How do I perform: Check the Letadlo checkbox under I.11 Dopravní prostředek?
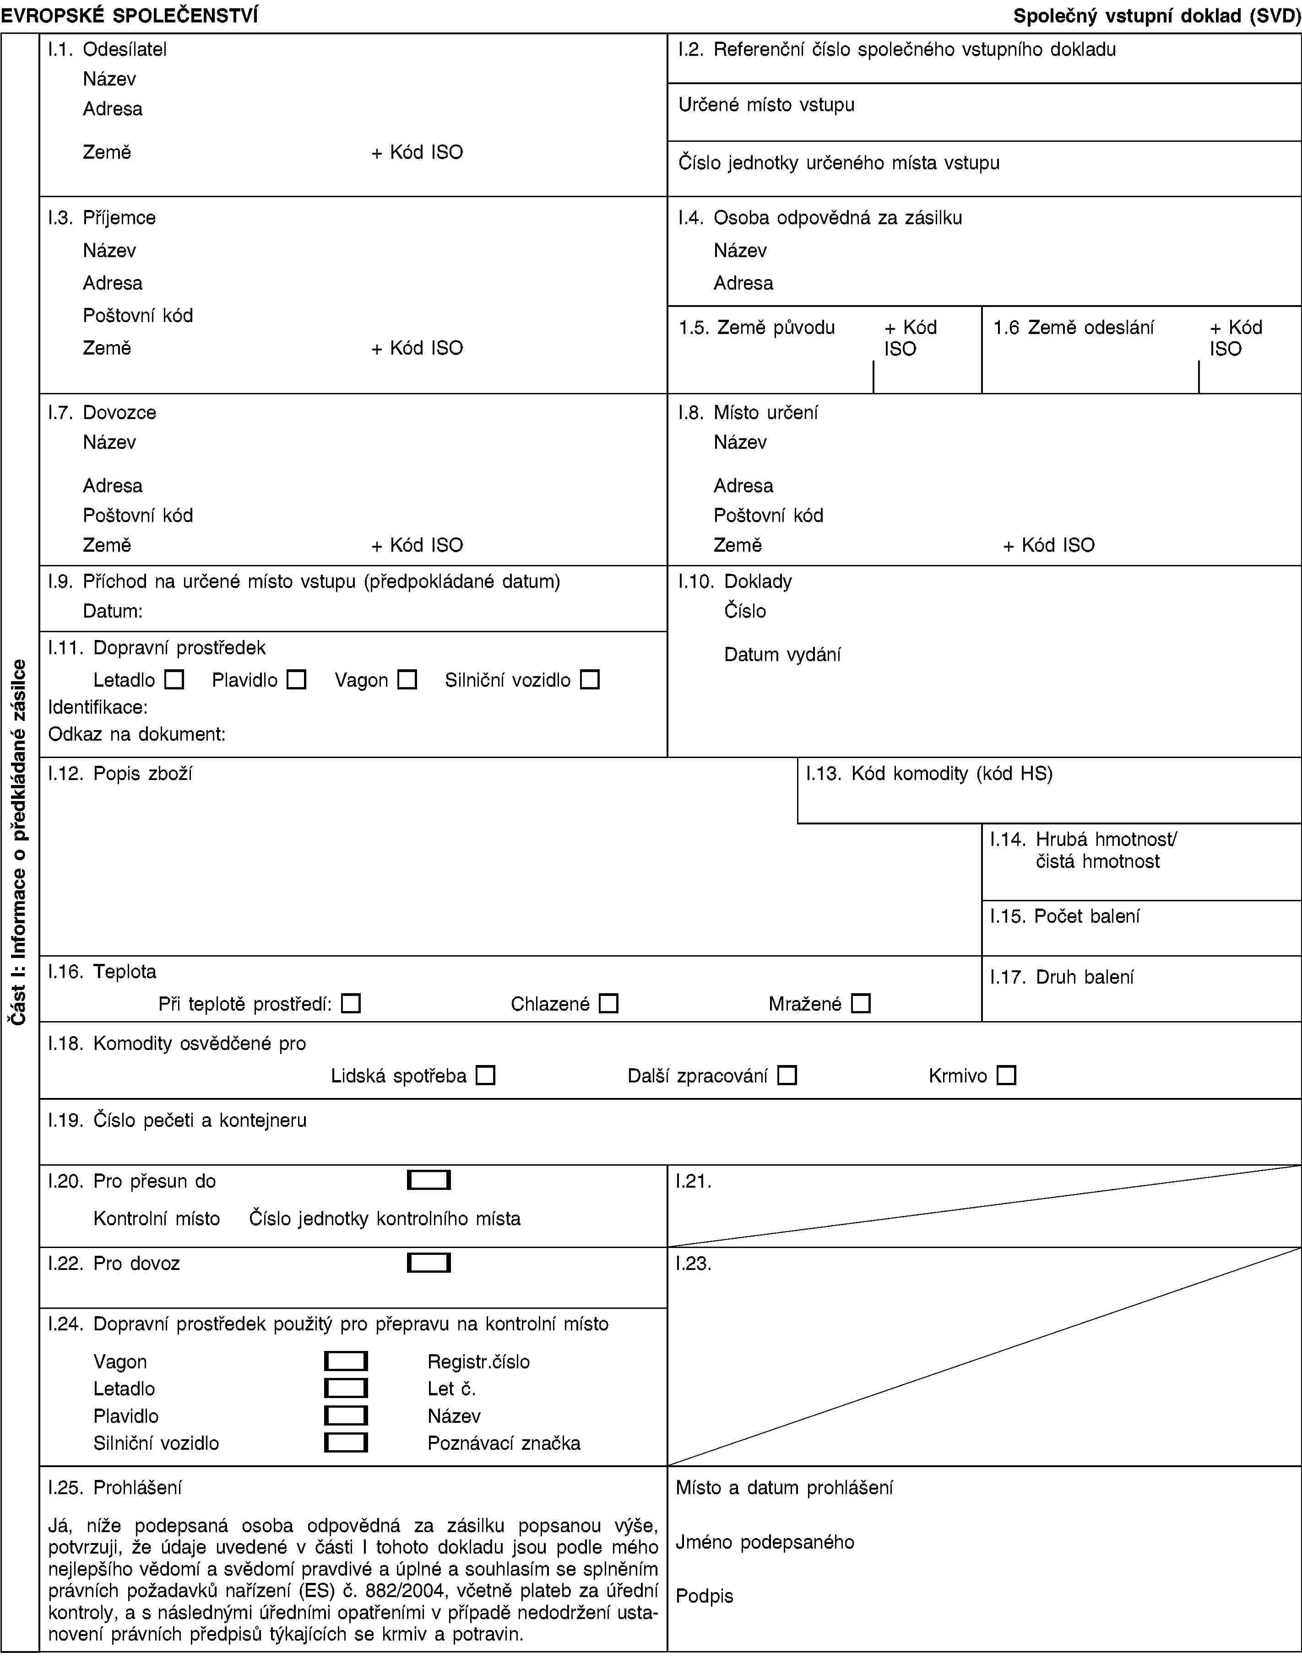tap(174, 679)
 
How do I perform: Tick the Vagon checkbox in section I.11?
tap(408, 679)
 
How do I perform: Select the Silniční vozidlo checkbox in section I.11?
tap(590, 679)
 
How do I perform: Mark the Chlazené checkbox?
tap(608, 1003)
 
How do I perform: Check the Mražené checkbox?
tap(861, 1003)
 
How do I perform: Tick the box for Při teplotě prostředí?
tap(351, 1003)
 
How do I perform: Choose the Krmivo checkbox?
tap(1006, 1076)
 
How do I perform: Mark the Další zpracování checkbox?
tap(787, 1076)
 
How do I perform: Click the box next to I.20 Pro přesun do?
tap(429, 1180)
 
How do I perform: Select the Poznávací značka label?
tap(504, 1443)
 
